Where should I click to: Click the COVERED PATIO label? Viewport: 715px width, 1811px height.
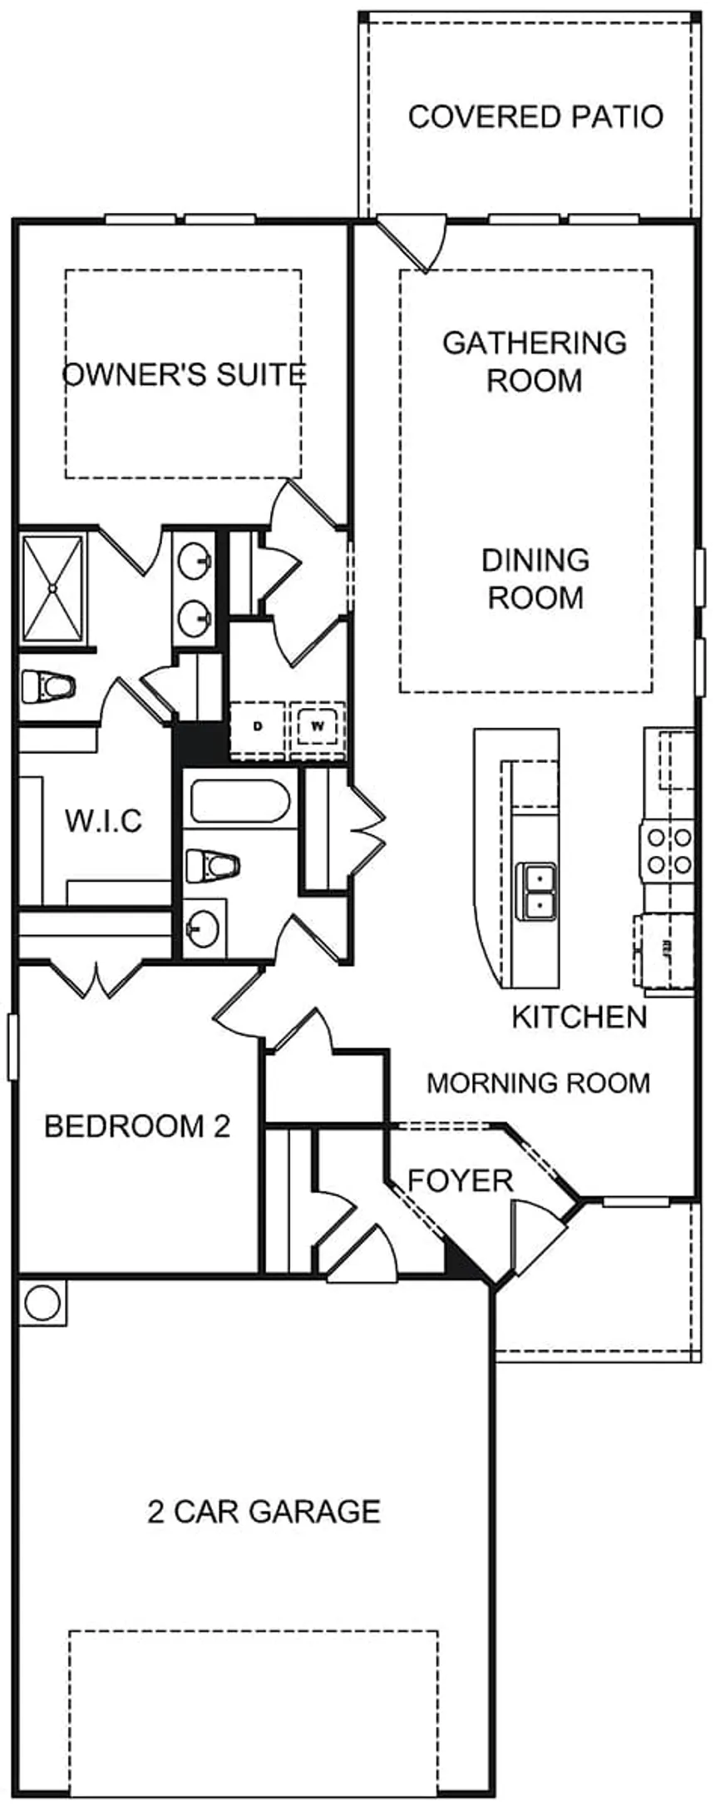pyautogui.click(x=535, y=116)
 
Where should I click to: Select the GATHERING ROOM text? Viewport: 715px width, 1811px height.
pyautogui.click(x=535, y=361)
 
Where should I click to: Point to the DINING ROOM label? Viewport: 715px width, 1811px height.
pyautogui.click(x=535, y=578)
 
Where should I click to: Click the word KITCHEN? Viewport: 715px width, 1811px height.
pyautogui.click(x=579, y=1017)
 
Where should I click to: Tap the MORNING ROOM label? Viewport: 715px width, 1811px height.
pyautogui.click(x=538, y=1082)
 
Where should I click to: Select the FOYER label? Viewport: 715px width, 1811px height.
pyautogui.click(x=460, y=1180)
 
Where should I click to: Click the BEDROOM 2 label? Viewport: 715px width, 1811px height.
pyautogui.click(x=137, y=1126)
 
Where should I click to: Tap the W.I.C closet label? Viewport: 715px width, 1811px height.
pyautogui.click(x=104, y=821)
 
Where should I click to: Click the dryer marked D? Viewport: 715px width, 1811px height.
pyautogui.click(x=257, y=726)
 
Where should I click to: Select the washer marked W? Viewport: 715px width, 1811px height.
pyautogui.click(x=318, y=726)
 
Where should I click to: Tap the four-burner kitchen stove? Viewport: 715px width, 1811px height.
pyautogui.click(x=668, y=850)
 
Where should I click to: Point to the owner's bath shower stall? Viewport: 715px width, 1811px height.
pyautogui.click(x=52, y=588)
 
